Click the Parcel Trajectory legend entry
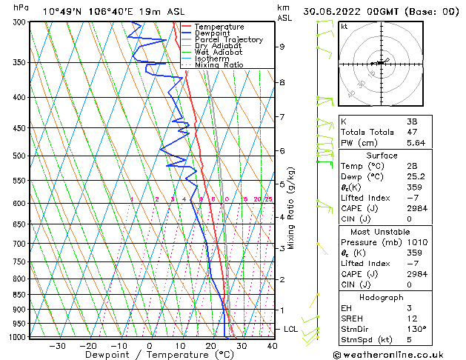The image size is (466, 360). tap(228, 39)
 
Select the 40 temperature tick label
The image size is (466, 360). tap(272, 346)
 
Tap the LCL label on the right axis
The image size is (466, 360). tap(290, 329)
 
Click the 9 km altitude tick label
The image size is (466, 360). tap(282, 47)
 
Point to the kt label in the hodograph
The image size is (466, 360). tap(344, 26)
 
